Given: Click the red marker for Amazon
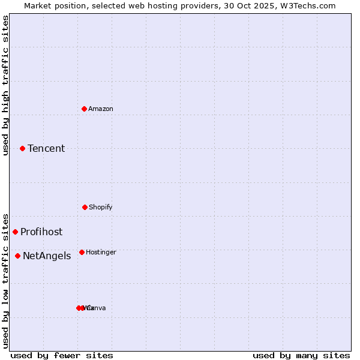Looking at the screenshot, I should (x=84, y=109).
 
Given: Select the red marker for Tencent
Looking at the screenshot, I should (x=22, y=148).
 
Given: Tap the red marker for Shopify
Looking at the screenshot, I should (x=85, y=207).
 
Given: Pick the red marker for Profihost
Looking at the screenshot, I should (x=15, y=232).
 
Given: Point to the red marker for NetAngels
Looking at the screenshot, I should (x=17, y=256).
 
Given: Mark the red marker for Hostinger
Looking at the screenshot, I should (x=82, y=252).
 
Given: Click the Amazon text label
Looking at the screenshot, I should (x=101, y=109).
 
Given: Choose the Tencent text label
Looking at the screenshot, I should (x=46, y=148).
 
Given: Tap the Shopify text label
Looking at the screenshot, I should (x=101, y=207).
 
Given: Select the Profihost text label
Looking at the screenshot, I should (x=41, y=232).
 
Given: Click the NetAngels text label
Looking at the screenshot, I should (x=47, y=256).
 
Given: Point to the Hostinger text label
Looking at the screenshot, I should (x=101, y=252).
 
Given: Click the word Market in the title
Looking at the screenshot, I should (x=39, y=5).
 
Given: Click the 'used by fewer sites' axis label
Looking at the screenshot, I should (x=62, y=355).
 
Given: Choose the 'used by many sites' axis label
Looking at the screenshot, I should (x=301, y=355).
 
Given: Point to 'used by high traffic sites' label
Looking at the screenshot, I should (x=5, y=85).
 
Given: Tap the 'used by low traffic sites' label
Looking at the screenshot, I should (x=5, y=280).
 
